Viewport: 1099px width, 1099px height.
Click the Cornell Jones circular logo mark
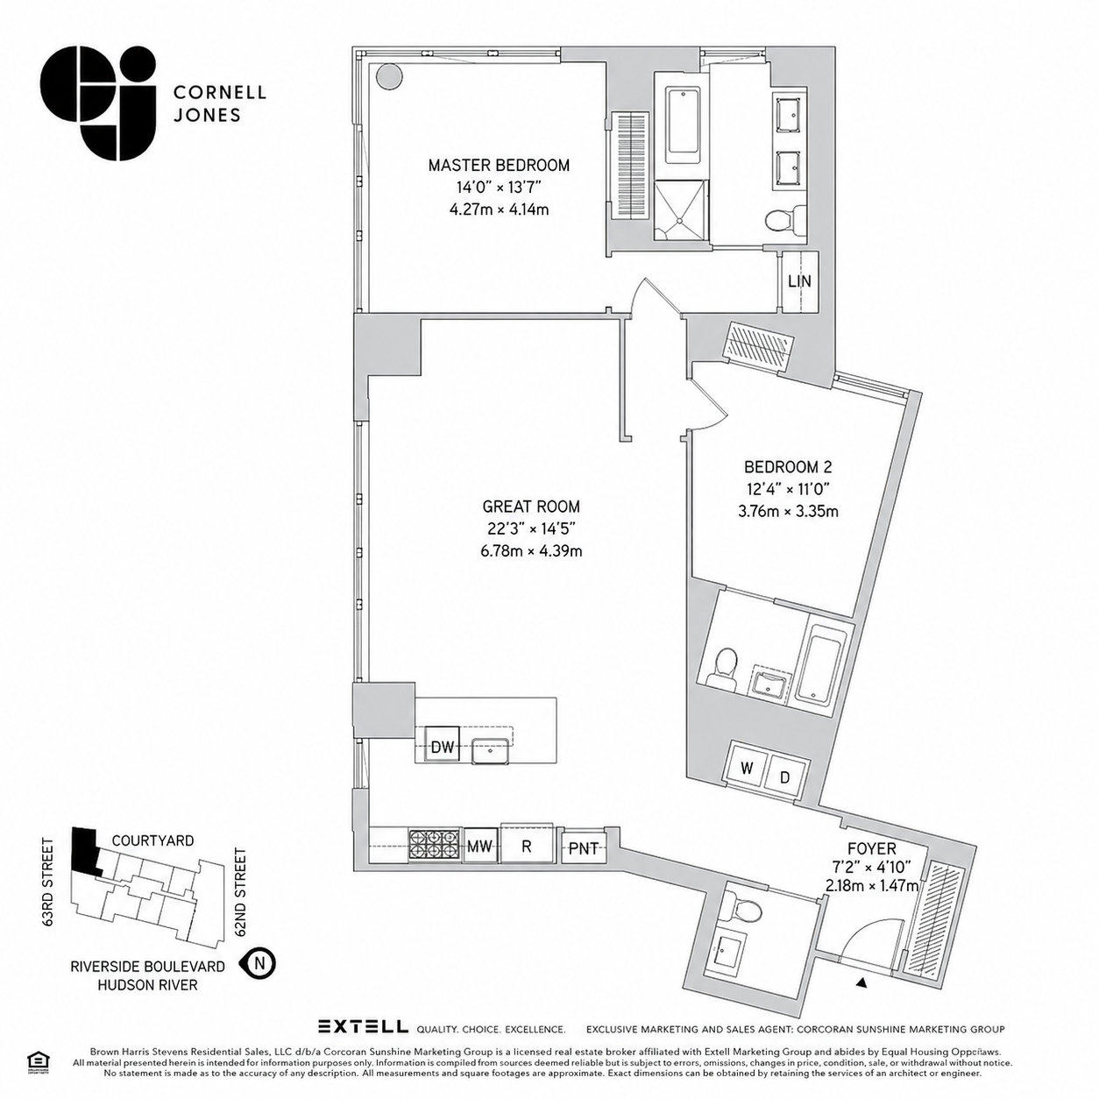point(97,103)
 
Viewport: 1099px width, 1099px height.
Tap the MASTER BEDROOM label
point(499,166)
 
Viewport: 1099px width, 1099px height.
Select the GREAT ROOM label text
point(531,507)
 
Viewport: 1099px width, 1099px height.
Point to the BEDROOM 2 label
point(788,467)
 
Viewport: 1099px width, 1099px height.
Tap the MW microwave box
point(479,847)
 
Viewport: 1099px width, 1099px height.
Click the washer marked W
point(747,769)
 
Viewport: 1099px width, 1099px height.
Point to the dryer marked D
point(785,776)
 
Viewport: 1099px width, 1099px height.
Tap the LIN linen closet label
point(799,281)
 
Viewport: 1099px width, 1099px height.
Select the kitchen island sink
point(490,750)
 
